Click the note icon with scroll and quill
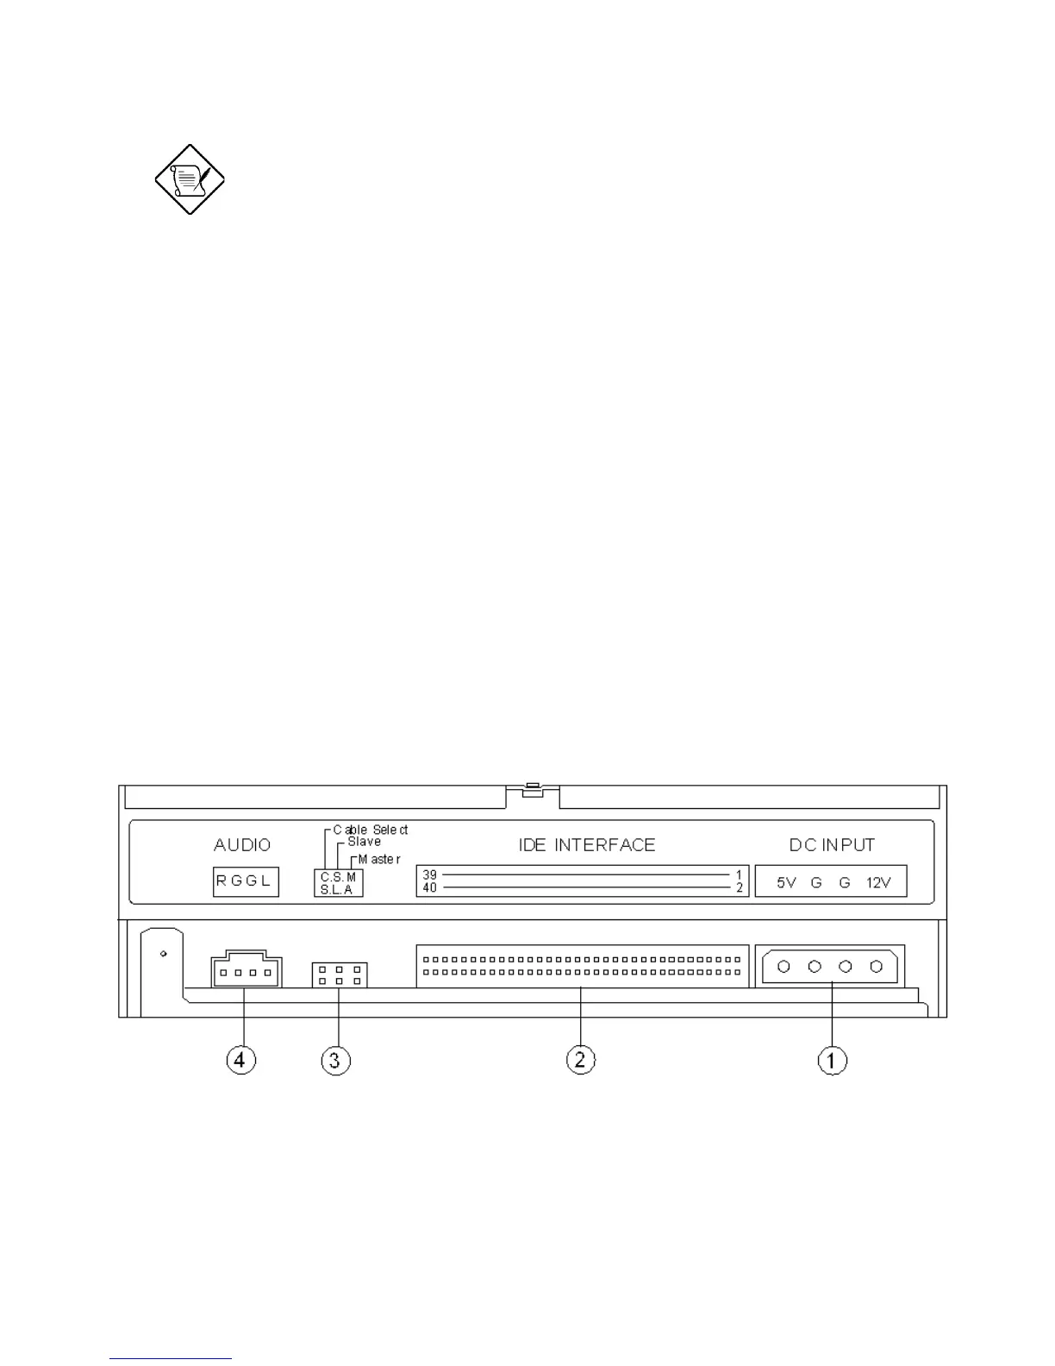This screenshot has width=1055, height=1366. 190,179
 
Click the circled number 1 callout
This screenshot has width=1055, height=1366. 832,1060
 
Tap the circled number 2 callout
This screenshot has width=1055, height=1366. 580,1059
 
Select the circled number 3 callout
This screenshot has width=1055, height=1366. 336,1060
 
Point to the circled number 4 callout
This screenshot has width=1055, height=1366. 240,1059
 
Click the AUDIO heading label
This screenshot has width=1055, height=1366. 242,845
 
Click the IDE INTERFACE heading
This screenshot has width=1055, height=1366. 587,845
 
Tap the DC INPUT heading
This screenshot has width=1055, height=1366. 832,845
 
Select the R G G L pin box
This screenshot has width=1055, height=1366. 246,881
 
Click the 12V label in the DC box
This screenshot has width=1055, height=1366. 878,882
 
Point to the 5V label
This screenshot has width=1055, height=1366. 786,882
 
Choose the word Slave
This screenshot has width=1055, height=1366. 364,842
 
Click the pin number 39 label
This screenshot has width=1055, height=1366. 429,875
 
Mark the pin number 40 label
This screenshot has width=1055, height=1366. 429,887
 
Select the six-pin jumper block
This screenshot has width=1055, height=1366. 339,974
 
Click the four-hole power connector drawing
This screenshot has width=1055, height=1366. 830,966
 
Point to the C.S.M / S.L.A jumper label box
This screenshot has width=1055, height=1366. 338,883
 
